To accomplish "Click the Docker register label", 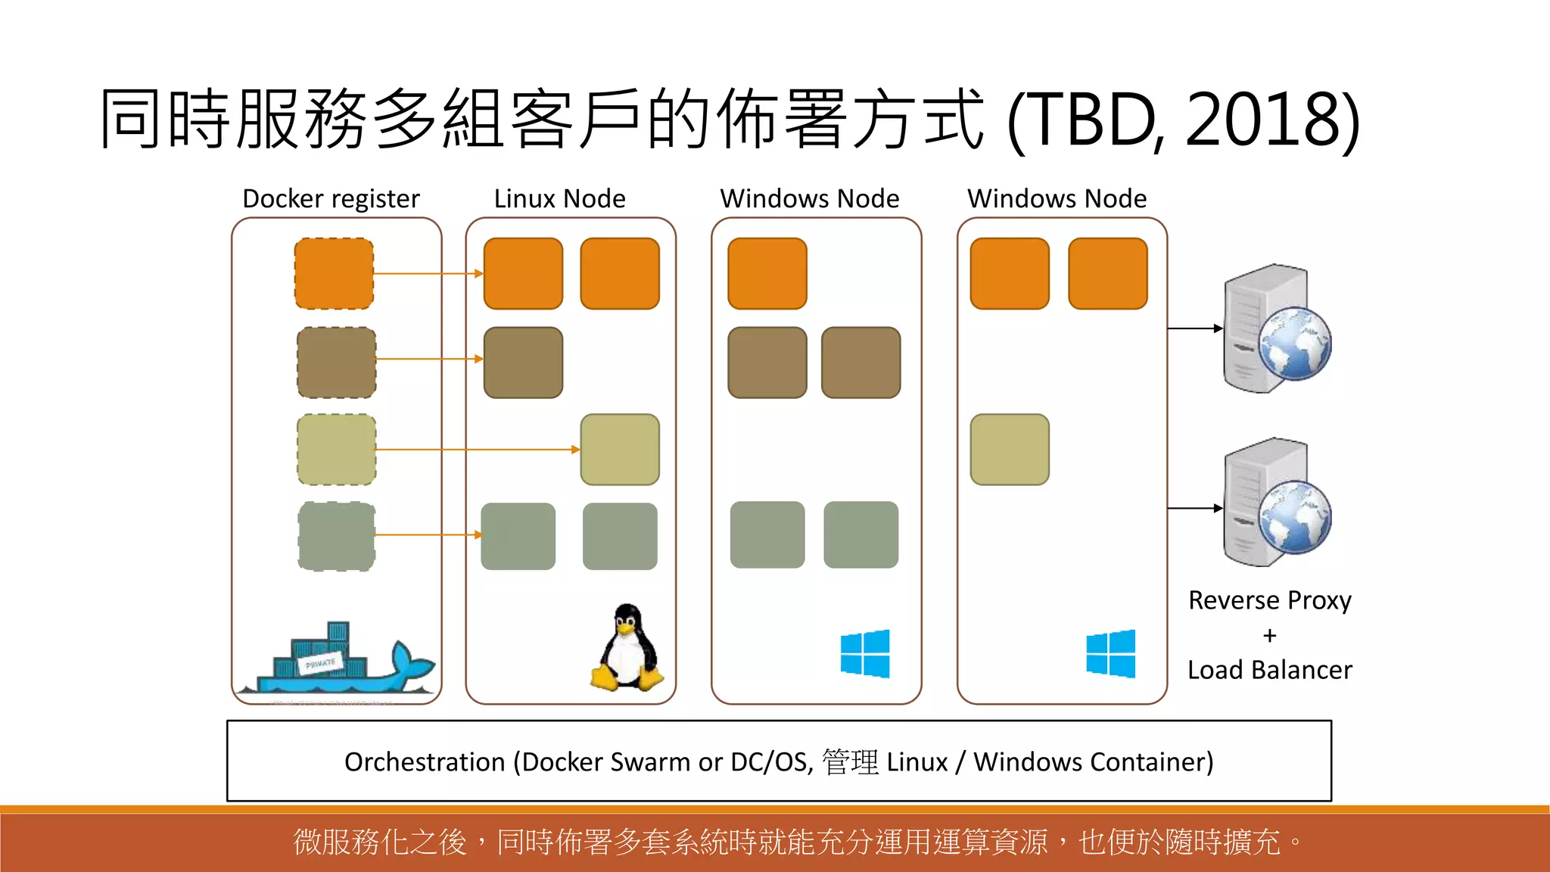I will click(331, 199).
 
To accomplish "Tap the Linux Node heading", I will click(559, 199).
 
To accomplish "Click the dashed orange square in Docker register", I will click(334, 273).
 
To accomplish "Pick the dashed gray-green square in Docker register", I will click(337, 536).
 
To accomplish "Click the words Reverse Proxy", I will click(1269, 600).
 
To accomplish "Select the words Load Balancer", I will click(1269, 670).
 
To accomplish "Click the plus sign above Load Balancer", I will click(1269, 635).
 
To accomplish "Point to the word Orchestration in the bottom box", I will click(425, 761).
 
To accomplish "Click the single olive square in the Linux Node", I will click(620, 450).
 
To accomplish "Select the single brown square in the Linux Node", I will click(523, 363).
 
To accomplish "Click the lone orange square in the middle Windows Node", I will click(767, 273).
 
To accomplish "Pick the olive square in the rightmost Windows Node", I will click(1010, 450).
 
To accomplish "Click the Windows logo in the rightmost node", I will click(1110, 653).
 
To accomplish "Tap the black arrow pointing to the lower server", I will click(1195, 508).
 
